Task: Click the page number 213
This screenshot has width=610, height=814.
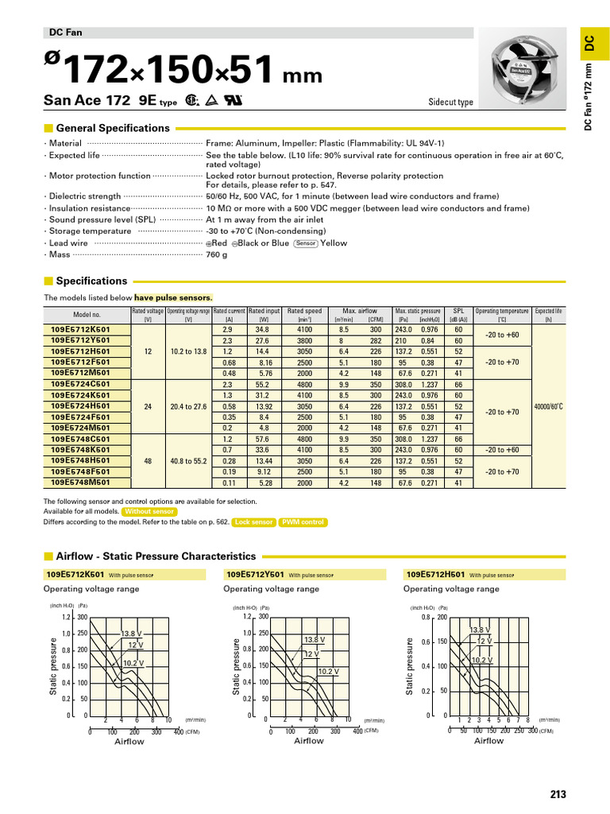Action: click(558, 794)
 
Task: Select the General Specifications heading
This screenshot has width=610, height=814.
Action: click(124, 128)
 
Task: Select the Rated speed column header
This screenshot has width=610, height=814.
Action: click(305, 311)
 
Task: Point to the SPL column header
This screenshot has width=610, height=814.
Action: click(458, 311)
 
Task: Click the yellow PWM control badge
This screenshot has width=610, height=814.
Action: click(303, 522)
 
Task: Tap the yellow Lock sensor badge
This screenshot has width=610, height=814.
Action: click(253, 522)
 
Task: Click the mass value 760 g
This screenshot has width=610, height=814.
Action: click(217, 255)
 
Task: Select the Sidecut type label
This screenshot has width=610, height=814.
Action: click(450, 103)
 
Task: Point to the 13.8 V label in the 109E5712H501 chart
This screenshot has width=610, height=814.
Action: click(479, 630)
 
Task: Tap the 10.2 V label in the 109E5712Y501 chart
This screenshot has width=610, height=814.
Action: click(328, 671)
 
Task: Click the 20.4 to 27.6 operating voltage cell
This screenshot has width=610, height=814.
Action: click(188, 405)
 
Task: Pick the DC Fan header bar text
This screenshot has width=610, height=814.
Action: click(67, 33)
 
